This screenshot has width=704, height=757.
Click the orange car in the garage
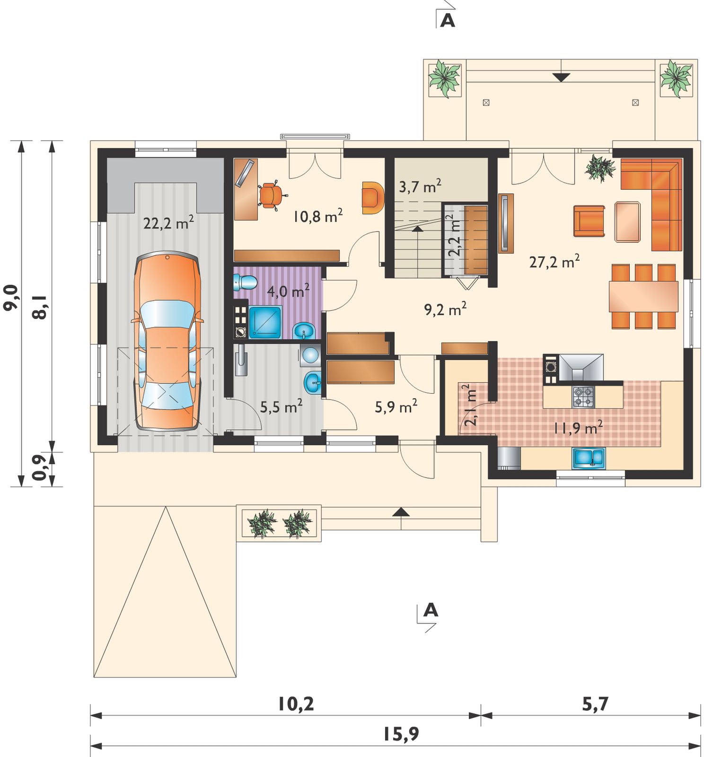coord(167,341)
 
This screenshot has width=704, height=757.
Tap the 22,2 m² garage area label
coord(168,222)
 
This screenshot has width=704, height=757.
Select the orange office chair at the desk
coord(272,194)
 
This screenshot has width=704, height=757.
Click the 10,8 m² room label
coord(318,216)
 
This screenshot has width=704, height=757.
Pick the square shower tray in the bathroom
coord(265,322)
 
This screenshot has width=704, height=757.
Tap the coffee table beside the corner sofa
coord(627,221)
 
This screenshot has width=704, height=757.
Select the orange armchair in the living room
coord(589,221)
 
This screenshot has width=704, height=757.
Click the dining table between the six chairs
coord(643,296)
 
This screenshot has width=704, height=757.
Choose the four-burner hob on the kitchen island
coord(583,396)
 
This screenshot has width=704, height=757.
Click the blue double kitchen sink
coord(589,458)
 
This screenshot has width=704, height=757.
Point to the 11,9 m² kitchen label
coord(578,428)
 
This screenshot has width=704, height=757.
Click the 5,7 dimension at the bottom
coord(595,704)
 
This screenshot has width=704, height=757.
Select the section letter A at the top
coord(448,20)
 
